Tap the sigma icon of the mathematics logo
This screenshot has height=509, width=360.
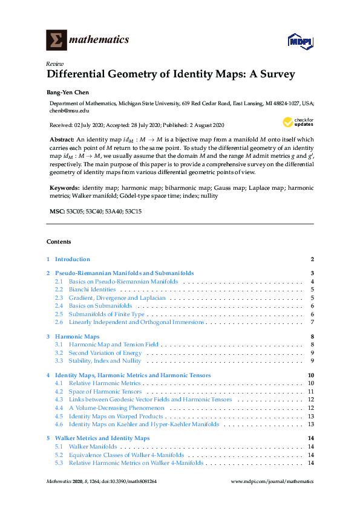coord(56,40)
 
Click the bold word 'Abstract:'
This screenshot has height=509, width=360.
coord(62,139)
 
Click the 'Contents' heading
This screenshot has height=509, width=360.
coord(59,242)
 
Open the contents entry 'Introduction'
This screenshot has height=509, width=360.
coord(73,259)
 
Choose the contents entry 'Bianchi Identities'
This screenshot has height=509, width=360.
coord(92,290)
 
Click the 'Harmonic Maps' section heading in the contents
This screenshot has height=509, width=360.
coord(77,336)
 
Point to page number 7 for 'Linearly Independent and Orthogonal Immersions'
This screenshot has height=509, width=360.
coord(312,322)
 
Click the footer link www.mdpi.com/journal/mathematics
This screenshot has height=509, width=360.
coord(273,482)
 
